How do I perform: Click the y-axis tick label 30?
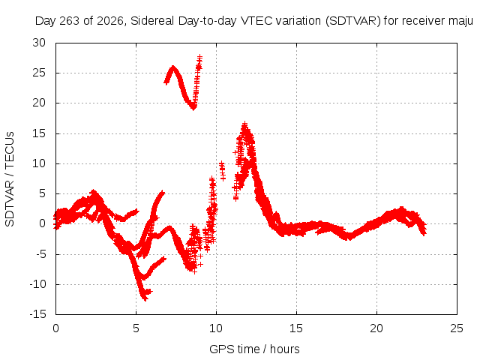point(39,43)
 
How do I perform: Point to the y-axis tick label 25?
point(39,73)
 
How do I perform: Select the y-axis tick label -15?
point(37,314)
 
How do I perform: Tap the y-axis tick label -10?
point(37,284)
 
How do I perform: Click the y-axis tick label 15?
point(39,133)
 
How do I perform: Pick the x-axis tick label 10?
point(216,328)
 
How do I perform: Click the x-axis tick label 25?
point(457,328)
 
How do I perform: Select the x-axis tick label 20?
point(376,328)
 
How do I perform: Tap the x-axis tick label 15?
point(296,328)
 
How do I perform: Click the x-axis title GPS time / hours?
point(254,349)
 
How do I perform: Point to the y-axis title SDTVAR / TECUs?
point(10,179)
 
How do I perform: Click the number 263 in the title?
point(70,21)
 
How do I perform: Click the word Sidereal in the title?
point(152,21)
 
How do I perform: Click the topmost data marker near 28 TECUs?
point(200,57)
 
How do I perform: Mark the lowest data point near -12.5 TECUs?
point(145,298)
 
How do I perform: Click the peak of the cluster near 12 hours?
point(244,124)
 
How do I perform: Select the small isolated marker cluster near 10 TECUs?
point(222,170)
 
